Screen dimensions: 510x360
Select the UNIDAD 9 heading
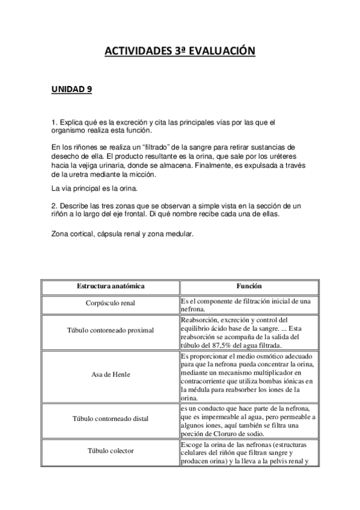tap(72, 90)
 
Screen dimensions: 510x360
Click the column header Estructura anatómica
tap(110, 286)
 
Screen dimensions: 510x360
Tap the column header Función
tap(249, 286)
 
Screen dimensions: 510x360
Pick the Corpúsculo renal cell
tap(111, 304)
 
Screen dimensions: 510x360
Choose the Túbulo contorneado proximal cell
tap(110, 330)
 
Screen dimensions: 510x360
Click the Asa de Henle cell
tap(110, 374)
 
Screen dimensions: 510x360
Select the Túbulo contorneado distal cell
tap(110, 418)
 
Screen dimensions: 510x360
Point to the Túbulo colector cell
tap(110, 450)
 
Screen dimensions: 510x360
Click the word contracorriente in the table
tap(209, 381)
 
